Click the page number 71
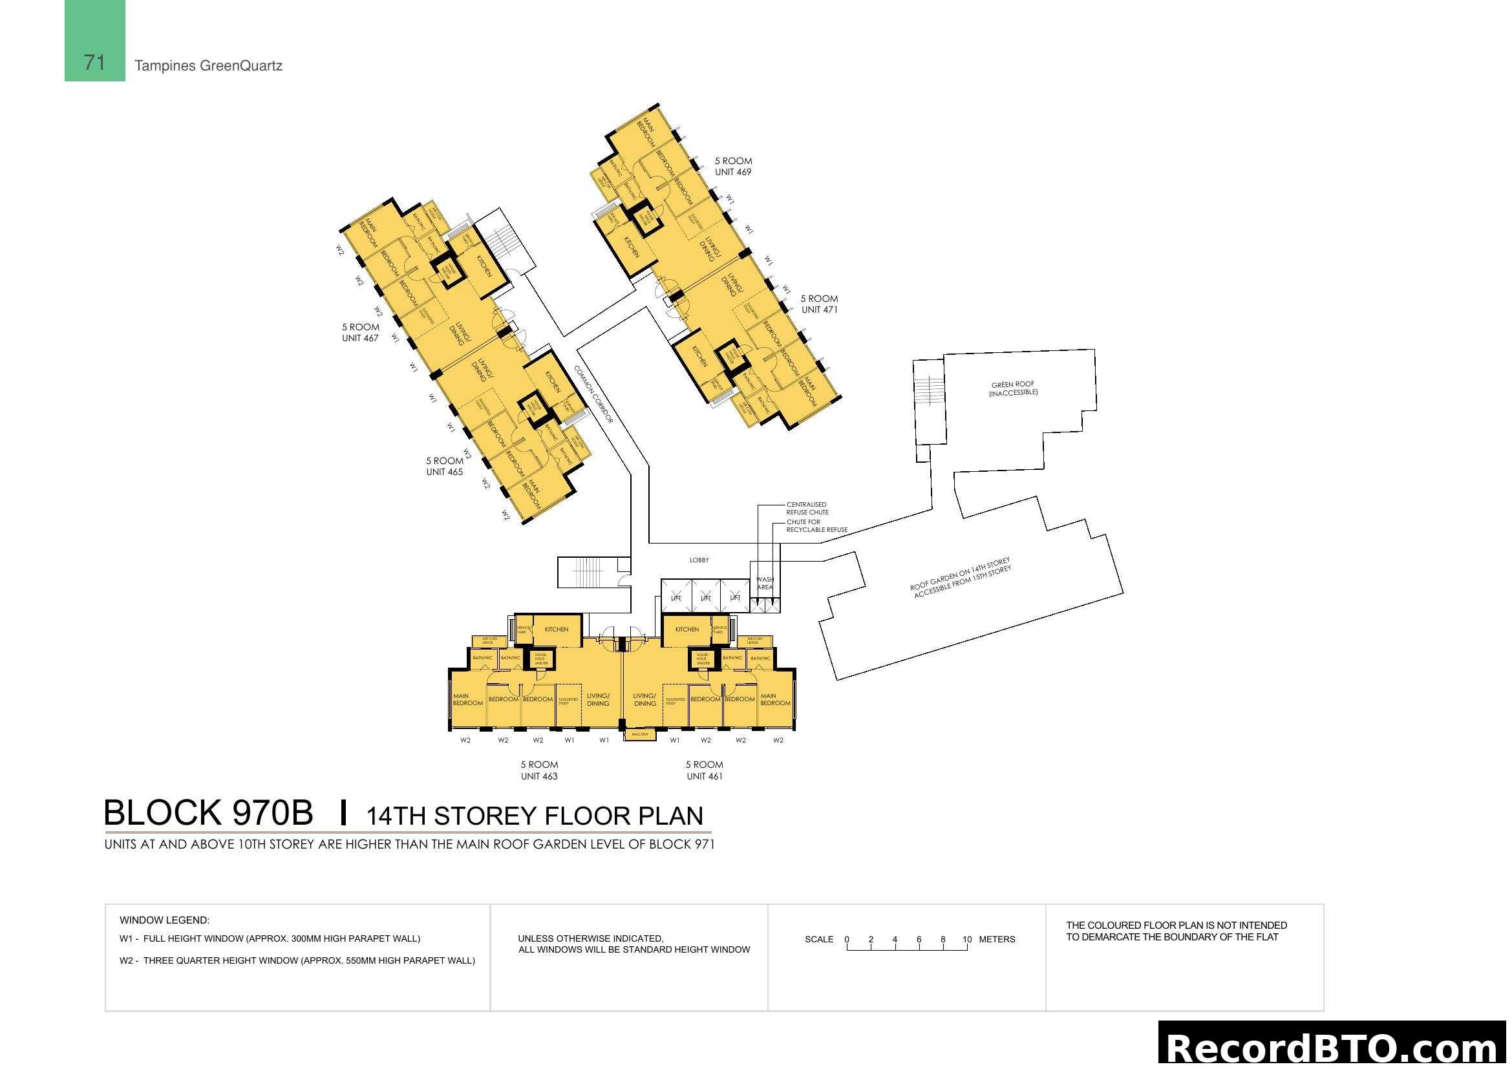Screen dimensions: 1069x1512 coord(94,62)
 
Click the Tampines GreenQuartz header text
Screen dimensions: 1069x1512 coord(208,66)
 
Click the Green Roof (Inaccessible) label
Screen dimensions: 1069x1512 coord(1013,388)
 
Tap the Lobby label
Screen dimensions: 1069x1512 coord(699,560)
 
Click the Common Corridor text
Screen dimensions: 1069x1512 coord(593,394)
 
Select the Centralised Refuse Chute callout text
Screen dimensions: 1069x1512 coord(807,508)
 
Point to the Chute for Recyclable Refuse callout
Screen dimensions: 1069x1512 coord(816,525)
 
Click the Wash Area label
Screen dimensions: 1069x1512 coord(765,583)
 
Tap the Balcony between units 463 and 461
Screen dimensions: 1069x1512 coord(639,734)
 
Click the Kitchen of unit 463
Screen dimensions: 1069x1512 coord(557,630)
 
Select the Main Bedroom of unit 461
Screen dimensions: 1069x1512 coord(775,699)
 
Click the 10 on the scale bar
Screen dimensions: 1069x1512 coord(966,939)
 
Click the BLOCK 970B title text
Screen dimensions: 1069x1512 coord(208,813)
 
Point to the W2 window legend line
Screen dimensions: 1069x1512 coord(297,960)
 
